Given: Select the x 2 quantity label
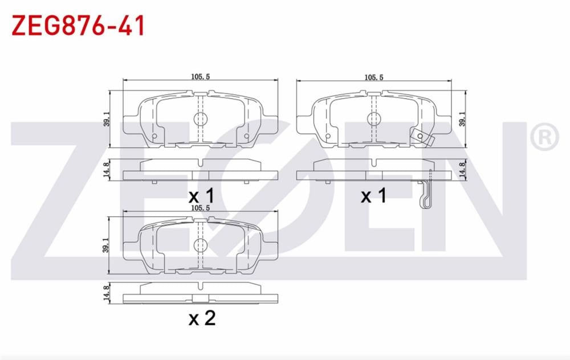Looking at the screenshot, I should [x=202, y=318].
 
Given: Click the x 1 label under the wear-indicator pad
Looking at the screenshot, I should [x=373, y=197].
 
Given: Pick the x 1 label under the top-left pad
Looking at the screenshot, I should [x=202, y=197].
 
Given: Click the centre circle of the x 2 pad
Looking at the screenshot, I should [x=200, y=246].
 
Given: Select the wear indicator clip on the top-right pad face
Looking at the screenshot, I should [x=420, y=137].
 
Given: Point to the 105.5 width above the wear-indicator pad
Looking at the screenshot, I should [x=373, y=77].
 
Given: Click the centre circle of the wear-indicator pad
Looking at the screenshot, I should [x=373, y=118].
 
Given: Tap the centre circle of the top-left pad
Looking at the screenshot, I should [x=200, y=118].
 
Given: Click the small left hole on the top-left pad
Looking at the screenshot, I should [x=154, y=137].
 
